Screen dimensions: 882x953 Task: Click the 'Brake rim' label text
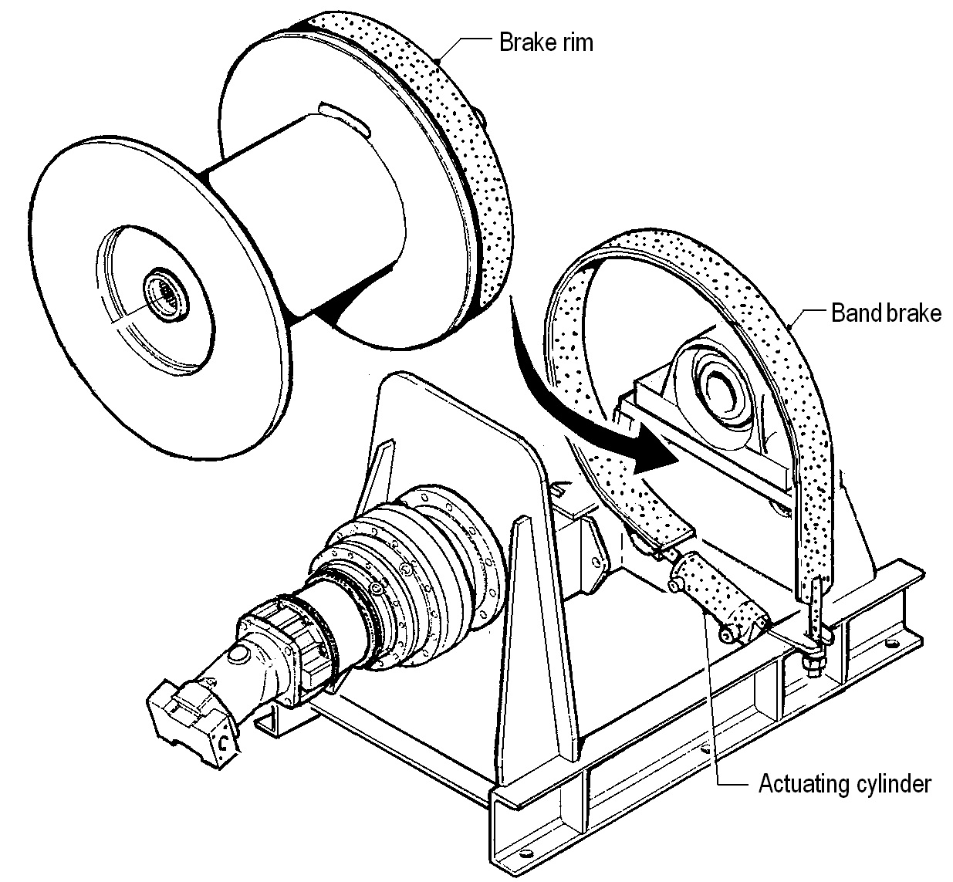click(x=546, y=42)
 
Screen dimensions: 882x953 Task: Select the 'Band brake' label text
click(x=887, y=313)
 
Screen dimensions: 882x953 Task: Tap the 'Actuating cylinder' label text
click(x=845, y=784)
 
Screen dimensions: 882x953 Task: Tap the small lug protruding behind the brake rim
click(x=484, y=116)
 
